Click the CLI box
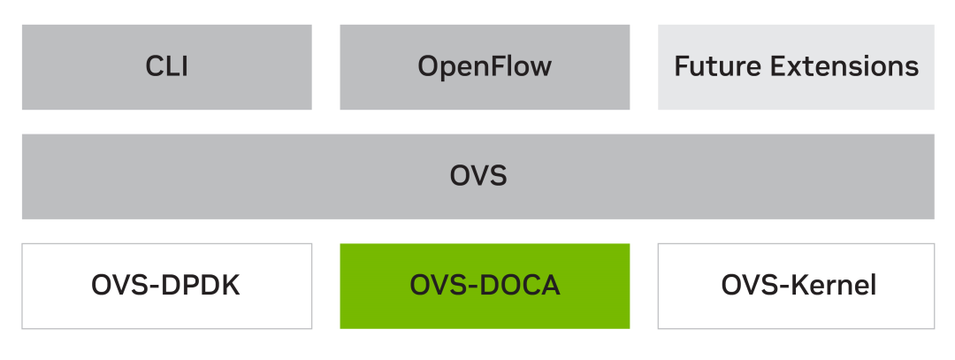pos(167,67)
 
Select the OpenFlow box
pos(485,67)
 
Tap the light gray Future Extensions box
pos(796,67)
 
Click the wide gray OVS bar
pos(477,176)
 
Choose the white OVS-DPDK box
pos(167,286)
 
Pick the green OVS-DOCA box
pos(485,286)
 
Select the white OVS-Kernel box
pos(796,286)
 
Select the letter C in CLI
pos(154,67)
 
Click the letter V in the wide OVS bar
pos(478,176)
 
